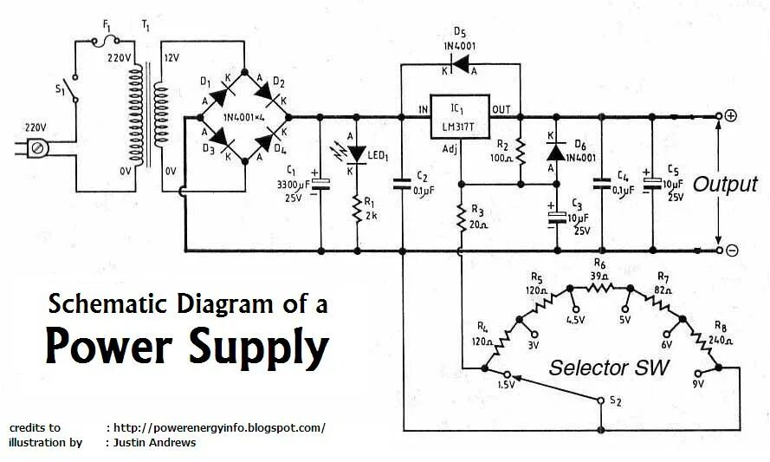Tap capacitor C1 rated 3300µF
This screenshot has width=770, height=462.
pos(321,183)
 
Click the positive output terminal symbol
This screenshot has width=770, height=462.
pos(731,116)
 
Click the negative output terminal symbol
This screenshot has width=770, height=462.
pos(731,251)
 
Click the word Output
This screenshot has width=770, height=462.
pos(725,184)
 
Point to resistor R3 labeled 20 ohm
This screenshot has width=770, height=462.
pos(461,217)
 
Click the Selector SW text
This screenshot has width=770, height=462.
pos(609,368)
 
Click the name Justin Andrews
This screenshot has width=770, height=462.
pos(154,442)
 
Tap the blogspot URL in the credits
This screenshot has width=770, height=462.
pos(220,427)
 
